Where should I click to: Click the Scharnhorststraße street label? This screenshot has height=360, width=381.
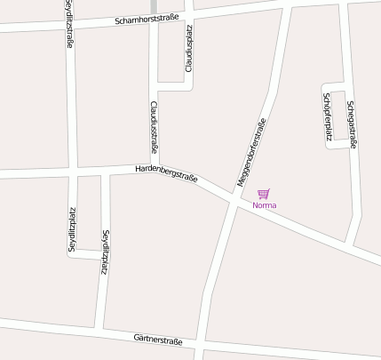pyautogui.click(x=147, y=20)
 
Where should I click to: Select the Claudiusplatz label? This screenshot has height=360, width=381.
pyautogui.click(x=188, y=49)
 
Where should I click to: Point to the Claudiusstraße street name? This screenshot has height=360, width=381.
pyautogui.click(x=154, y=128)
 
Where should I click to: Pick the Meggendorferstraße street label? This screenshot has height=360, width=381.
pyautogui.click(x=251, y=152)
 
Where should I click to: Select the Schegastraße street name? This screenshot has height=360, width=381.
pyautogui.click(x=352, y=123)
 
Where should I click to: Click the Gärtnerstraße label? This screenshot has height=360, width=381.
pyautogui.click(x=158, y=339)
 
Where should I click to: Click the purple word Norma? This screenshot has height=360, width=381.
pyautogui.click(x=265, y=205)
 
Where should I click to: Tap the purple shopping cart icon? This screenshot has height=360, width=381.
pyautogui.click(x=263, y=194)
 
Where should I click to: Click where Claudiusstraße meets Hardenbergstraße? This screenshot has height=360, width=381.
pyautogui.click(x=155, y=169)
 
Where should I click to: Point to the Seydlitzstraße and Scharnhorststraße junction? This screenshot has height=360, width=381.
pyautogui.click(x=69, y=28)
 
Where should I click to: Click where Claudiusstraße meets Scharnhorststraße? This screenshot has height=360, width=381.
pyautogui.click(x=154, y=20)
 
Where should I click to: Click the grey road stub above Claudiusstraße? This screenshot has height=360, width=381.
pyautogui.click(x=154, y=7)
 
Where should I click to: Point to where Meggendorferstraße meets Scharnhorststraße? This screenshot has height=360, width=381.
pyautogui.click(x=289, y=8)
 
